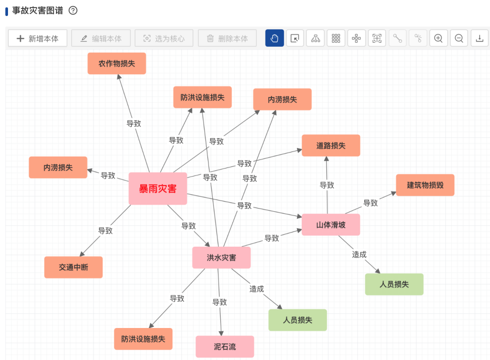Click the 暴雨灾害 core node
pyautogui.click(x=158, y=189)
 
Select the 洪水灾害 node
pyautogui.click(x=221, y=257)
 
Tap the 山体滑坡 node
pyautogui.click(x=331, y=225)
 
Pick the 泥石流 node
pyautogui.click(x=225, y=347)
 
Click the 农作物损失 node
pyautogui.click(x=117, y=64)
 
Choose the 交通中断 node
pyautogui.click(x=73, y=267)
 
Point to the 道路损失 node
pyautogui.click(x=331, y=145)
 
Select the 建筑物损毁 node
pyautogui.click(x=425, y=185)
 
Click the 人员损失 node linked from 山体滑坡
pyautogui.click(x=394, y=284)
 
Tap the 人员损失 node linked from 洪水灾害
pyautogui.click(x=297, y=320)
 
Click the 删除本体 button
pyautogui.click(x=227, y=39)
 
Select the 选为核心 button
pyautogui.click(x=164, y=39)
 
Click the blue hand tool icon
pyautogui.click(x=274, y=39)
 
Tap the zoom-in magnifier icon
pyautogui.click(x=438, y=39)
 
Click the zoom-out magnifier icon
pyautogui.click(x=459, y=39)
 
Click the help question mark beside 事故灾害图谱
pyautogui.click(x=73, y=10)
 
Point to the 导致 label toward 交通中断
pyautogui.click(x=105, y=231)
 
